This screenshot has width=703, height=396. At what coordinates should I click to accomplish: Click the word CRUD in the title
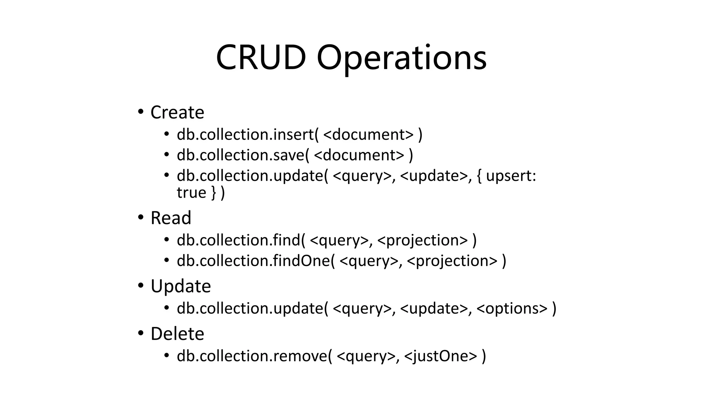click(261, 57)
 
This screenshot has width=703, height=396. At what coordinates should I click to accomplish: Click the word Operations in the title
click(401, 57)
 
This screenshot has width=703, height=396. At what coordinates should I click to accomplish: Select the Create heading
click(177, 112)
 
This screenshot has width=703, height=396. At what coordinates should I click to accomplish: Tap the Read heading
click(171, 218)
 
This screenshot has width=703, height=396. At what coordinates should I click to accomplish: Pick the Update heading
click(181, 286)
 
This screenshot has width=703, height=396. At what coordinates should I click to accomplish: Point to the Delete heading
click(177, 334)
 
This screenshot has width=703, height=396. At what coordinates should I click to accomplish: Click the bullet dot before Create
click(140, 112)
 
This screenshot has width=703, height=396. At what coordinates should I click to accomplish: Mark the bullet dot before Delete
click(140, 333)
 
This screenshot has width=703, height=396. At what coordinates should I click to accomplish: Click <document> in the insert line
click(368, 134)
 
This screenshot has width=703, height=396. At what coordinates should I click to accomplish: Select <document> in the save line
click(359, 155)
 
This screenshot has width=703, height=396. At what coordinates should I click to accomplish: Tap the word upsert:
click(511, 176)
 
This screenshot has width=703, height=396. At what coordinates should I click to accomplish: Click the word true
click(191, 192)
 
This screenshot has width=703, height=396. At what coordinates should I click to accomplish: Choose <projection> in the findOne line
click(452, 261)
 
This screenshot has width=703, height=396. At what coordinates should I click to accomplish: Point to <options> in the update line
click(512, 308)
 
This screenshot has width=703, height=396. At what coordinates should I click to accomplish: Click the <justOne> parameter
click(441, 356)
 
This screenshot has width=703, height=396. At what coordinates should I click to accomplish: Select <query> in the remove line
click(366, 356)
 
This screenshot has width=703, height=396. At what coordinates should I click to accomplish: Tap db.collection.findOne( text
click(256, 261)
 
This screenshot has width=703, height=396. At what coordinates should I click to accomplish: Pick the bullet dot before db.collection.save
click(166, 155)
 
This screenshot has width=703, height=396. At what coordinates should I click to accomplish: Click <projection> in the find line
click(423, 240)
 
